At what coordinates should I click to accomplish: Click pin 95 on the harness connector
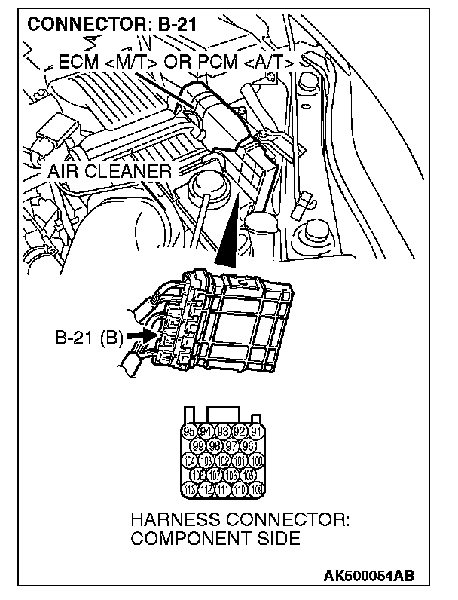pyautogui.click(x=191, y=433)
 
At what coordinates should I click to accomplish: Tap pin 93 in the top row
pyautogui.click(x=223, y=433)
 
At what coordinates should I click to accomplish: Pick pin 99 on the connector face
pyautogui.click(x=199, y=446)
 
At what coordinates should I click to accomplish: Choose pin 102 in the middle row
pyautogui.click(x=223, y=461)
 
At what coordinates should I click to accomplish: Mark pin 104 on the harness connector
pyautogui.click(x=191, y=461)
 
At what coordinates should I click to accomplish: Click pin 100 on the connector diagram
pyautogui.click(x=256, y=461)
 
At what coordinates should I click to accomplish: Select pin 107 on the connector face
pyautogui.click(x=215, y=475)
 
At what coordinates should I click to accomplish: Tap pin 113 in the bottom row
pyautogui.click(x=191, y=489)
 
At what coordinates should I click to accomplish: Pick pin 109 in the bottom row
pyautogui.click(x=256, y=489)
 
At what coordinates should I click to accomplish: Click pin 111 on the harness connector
pyautogui.click(x=223, y=489)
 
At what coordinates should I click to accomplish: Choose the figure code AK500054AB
pyautogui.click(x=368, y=577)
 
